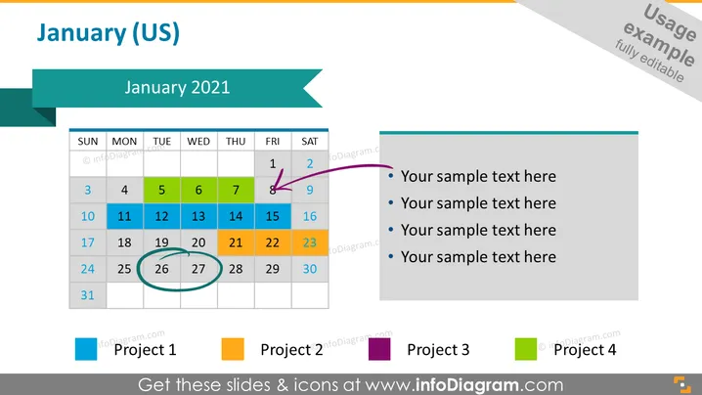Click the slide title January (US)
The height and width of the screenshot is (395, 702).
108,33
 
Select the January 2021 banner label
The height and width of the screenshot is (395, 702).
177,87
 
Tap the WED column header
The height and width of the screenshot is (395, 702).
198,142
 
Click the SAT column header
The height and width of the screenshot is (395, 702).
310,142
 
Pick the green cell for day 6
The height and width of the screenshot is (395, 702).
198,190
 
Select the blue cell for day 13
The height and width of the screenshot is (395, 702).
198,216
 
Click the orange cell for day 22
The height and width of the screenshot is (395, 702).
273,242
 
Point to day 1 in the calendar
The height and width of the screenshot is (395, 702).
273,164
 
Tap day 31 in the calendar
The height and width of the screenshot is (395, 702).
88,295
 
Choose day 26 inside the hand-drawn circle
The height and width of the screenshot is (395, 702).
161,269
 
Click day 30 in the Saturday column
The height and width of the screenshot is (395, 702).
310,269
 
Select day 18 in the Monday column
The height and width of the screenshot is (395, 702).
124,242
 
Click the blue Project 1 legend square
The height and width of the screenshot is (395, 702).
86,349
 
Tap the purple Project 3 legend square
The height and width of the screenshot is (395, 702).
379,349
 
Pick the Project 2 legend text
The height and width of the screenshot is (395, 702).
292,350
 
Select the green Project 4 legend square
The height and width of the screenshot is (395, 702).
526,349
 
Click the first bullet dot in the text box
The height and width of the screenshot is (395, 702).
391,176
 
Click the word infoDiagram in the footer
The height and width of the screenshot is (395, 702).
467,385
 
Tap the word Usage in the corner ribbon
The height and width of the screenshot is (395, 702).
670,22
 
